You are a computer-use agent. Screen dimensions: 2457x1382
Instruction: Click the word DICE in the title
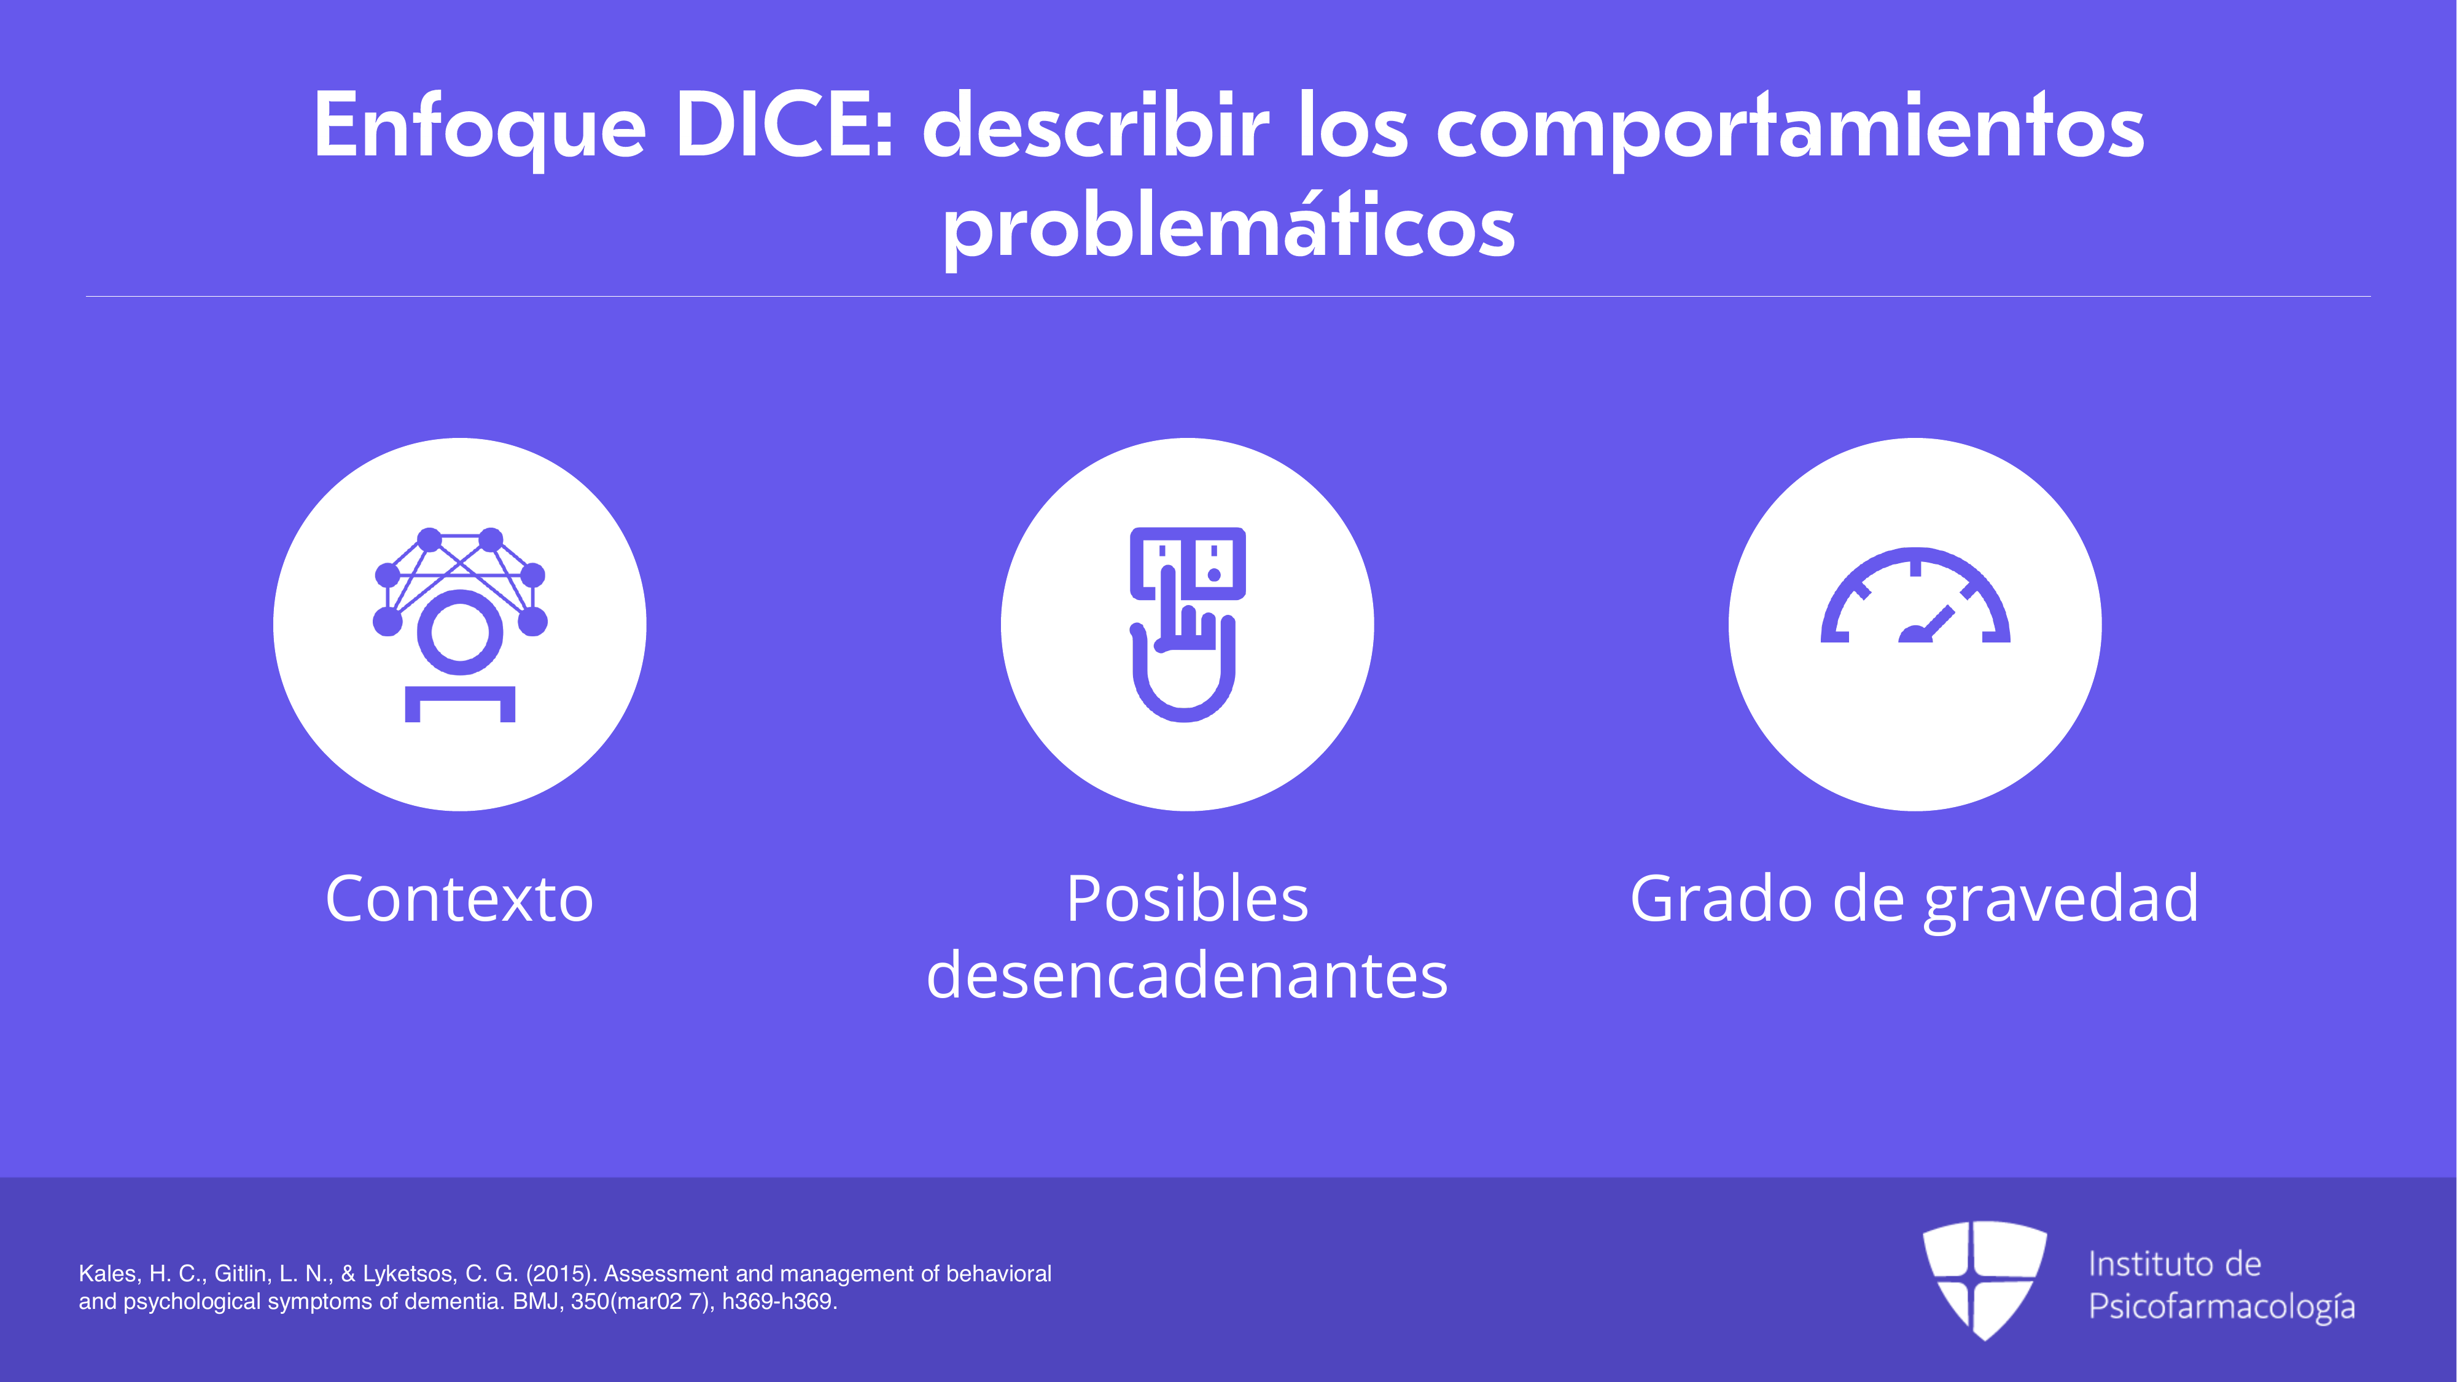(x=784, y=125)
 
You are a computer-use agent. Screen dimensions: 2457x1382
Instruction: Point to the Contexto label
(x=460, y=899)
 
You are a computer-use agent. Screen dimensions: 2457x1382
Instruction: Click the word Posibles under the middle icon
(x=1188, y=899)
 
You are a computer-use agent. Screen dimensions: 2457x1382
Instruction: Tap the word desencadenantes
(x=1188, y=976)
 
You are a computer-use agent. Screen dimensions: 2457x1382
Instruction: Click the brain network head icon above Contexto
(x=460, y=624)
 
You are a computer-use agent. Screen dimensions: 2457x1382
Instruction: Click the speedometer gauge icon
(x=1915, y=595)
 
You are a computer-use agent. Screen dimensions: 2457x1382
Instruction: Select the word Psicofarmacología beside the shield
(x=2221, y=1306)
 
